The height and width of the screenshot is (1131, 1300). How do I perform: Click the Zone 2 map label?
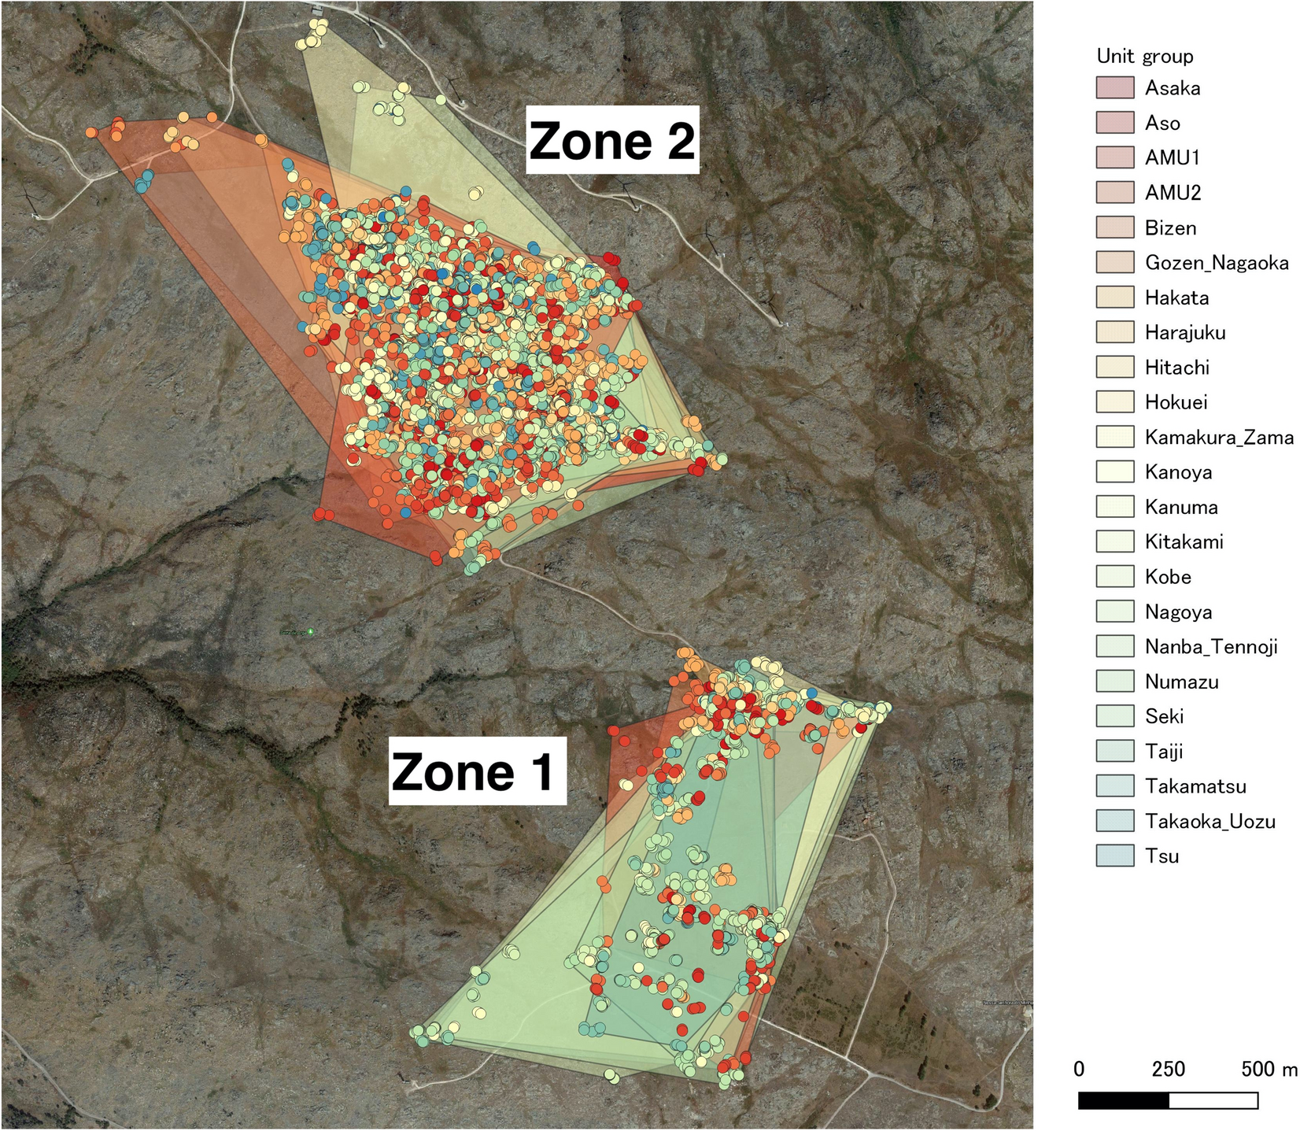tap(612, 140)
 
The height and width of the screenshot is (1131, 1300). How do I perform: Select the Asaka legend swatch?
tap(1115, 87)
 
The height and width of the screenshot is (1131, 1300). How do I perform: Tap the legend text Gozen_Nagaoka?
tap(1217, 263)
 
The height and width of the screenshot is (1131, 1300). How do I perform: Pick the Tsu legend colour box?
tap(1115, 856)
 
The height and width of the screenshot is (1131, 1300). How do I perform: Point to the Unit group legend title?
tap(1145, 56)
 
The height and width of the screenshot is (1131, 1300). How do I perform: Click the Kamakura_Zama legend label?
tap(1219, 437)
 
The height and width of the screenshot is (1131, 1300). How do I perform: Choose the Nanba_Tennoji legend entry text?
tap(1211, 647)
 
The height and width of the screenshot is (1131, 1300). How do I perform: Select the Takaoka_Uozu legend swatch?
tap(1115, 821)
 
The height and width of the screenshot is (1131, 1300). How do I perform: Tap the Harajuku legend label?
tap(1185, 332)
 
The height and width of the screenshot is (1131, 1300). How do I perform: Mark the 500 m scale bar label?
tap(1269, 1068)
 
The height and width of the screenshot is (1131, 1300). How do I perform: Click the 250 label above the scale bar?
tap(1169, 1068)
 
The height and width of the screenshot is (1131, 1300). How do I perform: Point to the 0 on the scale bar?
tap(1079, 1068)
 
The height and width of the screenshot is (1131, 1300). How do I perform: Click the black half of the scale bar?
tap(1124, 1100)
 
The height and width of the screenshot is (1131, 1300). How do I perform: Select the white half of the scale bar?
tap(1213, 1100)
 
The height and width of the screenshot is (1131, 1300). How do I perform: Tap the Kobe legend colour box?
tap(1115, 576)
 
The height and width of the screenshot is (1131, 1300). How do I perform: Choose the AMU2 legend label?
tap(1173, 193)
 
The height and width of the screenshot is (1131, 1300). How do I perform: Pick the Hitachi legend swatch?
tap(1115, 367)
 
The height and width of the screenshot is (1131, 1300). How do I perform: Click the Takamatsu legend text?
tap(1195, 786)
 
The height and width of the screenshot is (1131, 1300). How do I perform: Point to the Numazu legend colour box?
tap(1115, 681)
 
